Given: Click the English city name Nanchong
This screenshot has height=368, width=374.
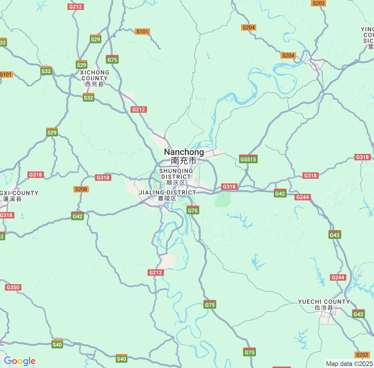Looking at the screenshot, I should (184, 152).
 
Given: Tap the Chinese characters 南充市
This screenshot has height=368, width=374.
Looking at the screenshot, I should (184, 161).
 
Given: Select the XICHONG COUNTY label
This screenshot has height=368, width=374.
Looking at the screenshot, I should (95, 75).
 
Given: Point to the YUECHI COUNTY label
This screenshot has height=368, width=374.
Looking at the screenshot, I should (324, 302).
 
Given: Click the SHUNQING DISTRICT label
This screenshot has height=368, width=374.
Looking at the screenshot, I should (176, 174).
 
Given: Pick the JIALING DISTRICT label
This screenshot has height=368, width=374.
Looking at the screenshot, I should (167, 192).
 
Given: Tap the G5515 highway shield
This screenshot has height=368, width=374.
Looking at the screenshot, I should (248, 159).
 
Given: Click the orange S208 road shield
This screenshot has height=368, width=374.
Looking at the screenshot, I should (81, 189).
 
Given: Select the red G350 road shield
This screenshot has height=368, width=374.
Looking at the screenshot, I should (13, 287).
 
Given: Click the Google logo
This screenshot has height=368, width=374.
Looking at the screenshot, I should (20, 361).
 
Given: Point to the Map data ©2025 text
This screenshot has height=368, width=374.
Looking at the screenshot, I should (349, 364).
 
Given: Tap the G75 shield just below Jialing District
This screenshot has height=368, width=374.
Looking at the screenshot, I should (193, 210).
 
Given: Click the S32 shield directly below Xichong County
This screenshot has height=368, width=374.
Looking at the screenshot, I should (88, 98).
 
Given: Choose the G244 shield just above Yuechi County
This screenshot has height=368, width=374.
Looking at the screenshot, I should (338, 277).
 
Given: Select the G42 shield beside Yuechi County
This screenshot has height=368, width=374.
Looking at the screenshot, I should (358, 314).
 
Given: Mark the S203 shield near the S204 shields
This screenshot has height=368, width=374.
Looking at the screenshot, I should (318, 3).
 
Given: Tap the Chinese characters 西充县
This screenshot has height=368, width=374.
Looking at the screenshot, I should (94, 84).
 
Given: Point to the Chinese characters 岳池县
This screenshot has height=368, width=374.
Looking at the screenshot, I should (323, 308).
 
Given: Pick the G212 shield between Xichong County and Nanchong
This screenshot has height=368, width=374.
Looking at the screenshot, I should (138, 110).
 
